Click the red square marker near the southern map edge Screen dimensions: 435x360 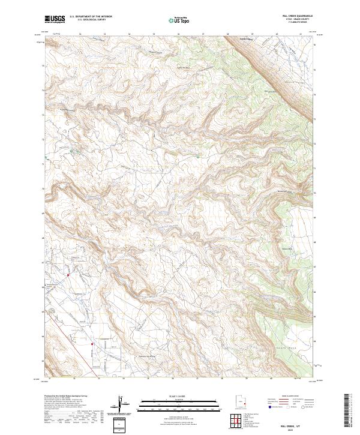coord(92,344)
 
